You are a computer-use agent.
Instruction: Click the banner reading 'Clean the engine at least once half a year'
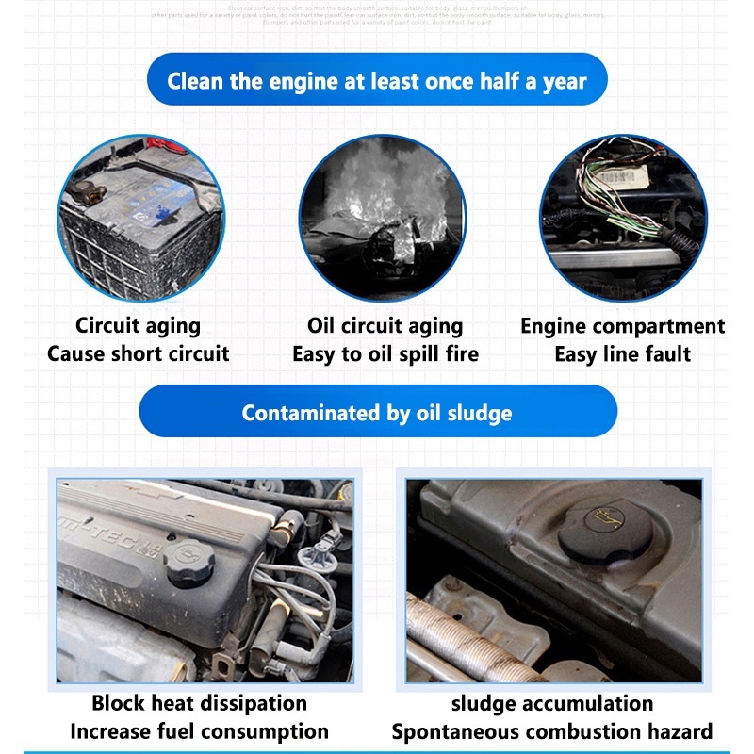tap(377, 80)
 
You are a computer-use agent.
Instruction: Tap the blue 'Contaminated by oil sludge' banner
tap(377, 412)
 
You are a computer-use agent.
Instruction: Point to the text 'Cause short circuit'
tap(139, 354)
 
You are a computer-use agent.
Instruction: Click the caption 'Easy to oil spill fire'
tap(385, 354)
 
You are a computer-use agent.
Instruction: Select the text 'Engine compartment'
tap(622, 326)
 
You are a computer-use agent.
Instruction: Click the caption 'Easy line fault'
tap(622, 354)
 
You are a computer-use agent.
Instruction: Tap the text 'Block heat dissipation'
tap(199, 703)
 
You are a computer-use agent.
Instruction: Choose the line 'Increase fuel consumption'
tap(199, 731)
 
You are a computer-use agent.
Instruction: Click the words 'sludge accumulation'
tap(552, 703)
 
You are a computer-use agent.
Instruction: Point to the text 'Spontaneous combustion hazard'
tap(552, 731)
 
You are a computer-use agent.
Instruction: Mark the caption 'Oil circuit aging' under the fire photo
tap(385, 326)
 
